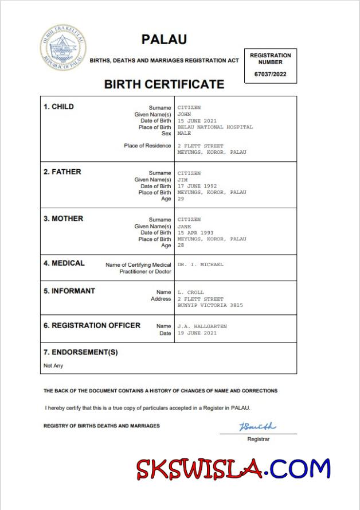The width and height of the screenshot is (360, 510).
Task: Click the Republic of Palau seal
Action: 63,49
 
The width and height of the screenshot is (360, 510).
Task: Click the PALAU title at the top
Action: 164,40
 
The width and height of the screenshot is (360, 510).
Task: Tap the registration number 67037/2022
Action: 270,75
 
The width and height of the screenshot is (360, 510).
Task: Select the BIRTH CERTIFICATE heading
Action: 164,84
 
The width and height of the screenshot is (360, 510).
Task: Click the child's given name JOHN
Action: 185,114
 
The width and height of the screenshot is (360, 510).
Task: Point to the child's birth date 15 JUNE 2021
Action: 197,120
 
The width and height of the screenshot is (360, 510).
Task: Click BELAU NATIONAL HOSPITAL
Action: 215,127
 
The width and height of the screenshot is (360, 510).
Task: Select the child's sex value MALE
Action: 184,133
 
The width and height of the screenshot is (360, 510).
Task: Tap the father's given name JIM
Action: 183,180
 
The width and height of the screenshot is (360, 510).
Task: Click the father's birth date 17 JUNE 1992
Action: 197,186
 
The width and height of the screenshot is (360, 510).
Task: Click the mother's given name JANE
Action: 185,226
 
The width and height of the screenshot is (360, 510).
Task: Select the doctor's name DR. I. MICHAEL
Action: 201,264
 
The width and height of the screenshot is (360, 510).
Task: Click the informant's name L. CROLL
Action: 191,293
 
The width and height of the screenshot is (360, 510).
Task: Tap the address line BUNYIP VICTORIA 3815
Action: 210,305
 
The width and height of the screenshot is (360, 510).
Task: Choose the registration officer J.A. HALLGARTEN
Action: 202,326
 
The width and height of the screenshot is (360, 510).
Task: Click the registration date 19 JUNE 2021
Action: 197,333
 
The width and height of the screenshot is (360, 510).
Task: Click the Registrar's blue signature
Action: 257,427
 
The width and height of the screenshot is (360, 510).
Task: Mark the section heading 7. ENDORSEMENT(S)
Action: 81,352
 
